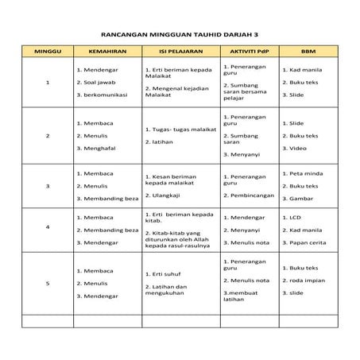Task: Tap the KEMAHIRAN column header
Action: point(106,53)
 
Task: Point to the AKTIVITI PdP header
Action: point(247,53)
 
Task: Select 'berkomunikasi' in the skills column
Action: point(109,95)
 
